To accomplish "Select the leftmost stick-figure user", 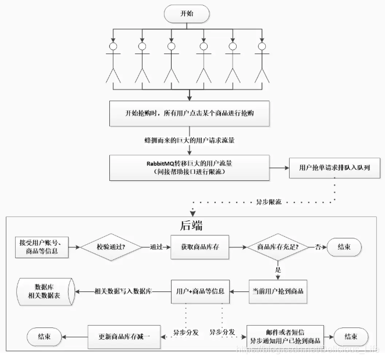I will tap(112, 62).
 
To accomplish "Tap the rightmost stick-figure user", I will tap(262, 62).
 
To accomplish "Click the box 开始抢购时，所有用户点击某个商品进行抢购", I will tap(190, 113).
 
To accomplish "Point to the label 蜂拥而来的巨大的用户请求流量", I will tap(190, 140).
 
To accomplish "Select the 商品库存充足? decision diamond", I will tap(277, 247).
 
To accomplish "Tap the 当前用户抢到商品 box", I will tap(277, 290).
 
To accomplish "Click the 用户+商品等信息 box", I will tap(200, 290).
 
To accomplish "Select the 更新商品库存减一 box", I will tap(123, 336).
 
